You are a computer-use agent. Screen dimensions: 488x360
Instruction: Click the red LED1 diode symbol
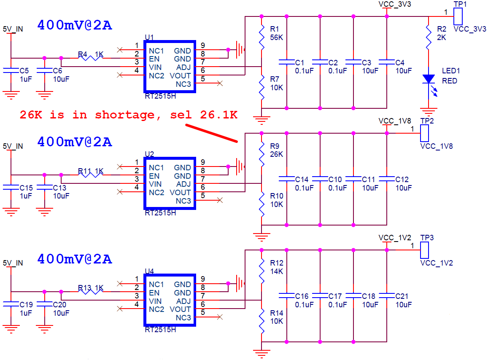pyautogui.click(x=429, y=79)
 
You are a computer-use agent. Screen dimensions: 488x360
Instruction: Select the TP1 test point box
pyautogui.click(x=458, y=16)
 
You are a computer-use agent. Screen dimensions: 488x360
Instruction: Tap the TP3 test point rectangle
pyautogui.click(x=424, y=250)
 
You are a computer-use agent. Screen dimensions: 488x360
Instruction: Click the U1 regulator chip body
pyautogui.click(x=170, y=66)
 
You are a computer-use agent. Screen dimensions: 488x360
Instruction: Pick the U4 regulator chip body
pyautogui.click(x=170, y=300)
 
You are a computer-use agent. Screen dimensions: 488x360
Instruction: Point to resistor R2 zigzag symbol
pyautogui.click(x=429, y=38)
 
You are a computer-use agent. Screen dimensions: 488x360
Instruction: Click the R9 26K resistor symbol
pyautogui.click(x=262, y=154)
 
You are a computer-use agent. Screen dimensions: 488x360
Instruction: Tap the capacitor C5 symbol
pyautogui.click(x=11, y=71)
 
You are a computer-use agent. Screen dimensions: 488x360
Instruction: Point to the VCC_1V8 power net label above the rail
pyautogui.click(x=395, y=121)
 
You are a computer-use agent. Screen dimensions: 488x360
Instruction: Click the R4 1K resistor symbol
pyautogui.click(x=90, y=58)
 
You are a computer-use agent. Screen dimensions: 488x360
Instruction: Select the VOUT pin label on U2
pyautogui.click(x=180, y=193)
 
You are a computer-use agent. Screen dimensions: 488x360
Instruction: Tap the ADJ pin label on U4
pyautogui.click(x=183, y=301)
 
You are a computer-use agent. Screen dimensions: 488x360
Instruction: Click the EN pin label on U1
pyautogui.click(x=154, y=59)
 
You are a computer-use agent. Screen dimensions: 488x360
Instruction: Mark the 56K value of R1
pyautogui.click(x=277, y=38)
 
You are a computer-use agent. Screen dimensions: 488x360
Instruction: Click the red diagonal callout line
pyautogui.click(x=212, y=134)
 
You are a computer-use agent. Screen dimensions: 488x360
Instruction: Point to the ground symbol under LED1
pyautogui.click(x=429, y=111)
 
